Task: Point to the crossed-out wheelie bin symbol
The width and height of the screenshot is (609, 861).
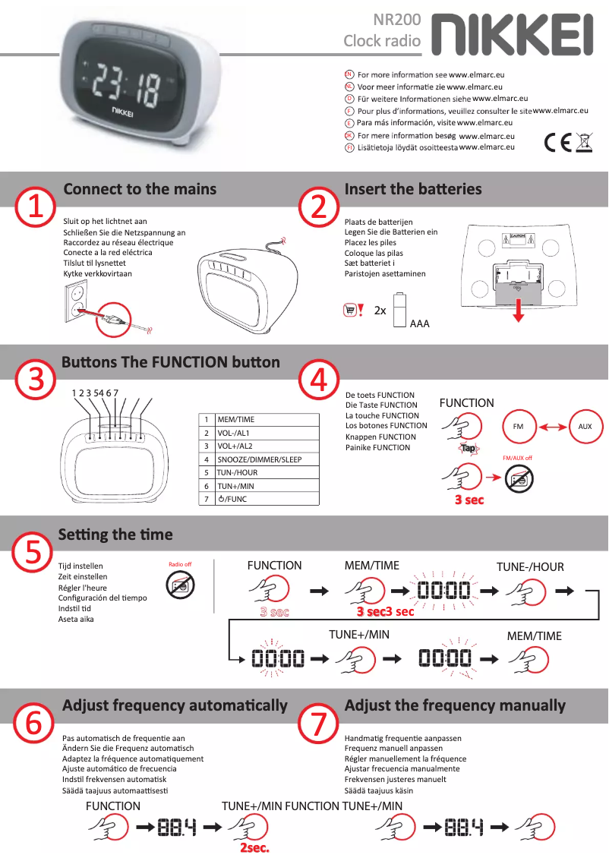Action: tap(584, 142)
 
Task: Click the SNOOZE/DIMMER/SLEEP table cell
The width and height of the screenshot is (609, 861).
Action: tap(266, 459)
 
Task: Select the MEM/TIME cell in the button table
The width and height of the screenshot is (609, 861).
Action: tap(266, 419)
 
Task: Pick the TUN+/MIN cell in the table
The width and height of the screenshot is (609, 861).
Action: tap(266, 486)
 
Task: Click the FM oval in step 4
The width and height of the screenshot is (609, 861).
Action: tap(519, 427)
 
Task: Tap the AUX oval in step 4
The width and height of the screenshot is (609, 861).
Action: tap(585, 427)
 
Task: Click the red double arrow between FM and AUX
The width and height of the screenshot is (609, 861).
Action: tap(551, 427)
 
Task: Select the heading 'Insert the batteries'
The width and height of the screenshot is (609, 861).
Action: tap(413, 189)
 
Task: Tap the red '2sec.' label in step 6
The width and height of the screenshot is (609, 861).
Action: tap(254, 847)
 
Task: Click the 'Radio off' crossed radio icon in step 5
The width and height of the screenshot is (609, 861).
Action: tap(180, 585)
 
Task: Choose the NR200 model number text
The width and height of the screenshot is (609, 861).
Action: tap(397, 20)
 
